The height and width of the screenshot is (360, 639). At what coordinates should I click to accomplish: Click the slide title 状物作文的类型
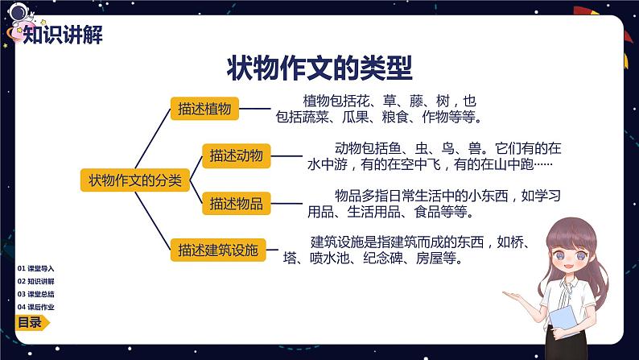[x=319, y=68]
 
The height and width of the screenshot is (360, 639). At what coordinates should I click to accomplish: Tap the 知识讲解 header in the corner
[x=63, y=35]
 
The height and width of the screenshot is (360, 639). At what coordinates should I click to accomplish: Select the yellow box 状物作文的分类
[x=135, y=180]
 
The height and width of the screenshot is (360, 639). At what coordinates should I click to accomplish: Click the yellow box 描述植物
[x=204, y=109]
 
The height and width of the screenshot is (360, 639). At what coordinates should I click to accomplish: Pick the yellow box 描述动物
[x=237, y=155]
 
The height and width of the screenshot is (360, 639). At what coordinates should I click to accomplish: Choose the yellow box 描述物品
[x=237, y=203]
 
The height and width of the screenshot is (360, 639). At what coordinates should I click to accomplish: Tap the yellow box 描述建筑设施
[x=218, y=250]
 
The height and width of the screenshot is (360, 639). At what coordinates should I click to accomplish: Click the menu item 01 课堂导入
[x=36, y=268]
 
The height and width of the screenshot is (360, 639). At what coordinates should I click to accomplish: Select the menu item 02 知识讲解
[x=36, y=281]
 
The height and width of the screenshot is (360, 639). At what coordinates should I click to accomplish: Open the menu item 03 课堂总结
[x=36, y=294]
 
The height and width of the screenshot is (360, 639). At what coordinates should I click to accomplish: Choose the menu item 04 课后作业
[x=36, y=307]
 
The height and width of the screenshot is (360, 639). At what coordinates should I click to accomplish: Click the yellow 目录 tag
[x=31, y=322]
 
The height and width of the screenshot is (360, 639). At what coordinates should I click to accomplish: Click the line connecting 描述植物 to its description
[x=254, y=109]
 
